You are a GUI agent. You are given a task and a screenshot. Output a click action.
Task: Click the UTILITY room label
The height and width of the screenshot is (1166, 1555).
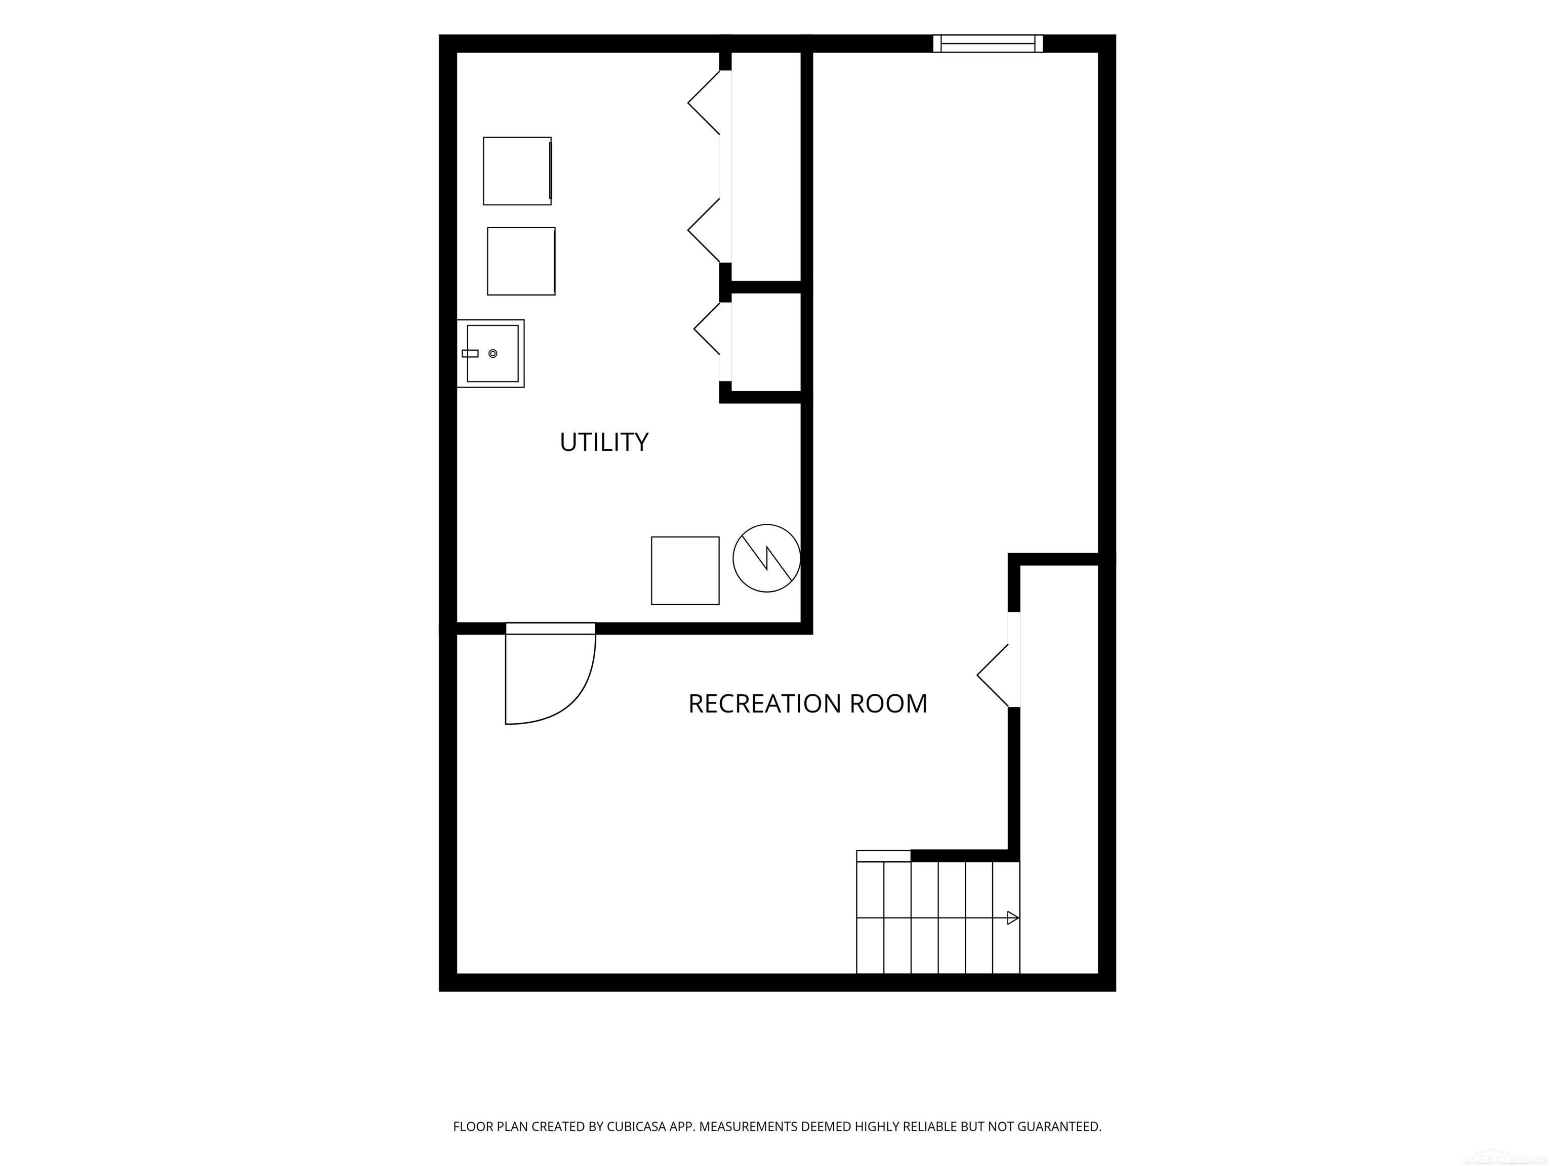pyautogui.click(x=604, y=442)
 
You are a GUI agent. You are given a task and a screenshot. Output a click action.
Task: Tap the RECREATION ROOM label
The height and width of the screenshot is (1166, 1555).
pyautogui.click(x=808, y=703)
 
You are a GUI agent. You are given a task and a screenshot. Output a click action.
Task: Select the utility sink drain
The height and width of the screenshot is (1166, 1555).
pyautogui.click(x=493, y=354)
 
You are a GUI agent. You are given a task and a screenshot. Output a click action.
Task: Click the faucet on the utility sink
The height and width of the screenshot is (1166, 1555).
pyautogui.click(x=470, y=354)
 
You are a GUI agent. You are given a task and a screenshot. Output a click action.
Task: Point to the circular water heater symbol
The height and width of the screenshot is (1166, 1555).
pyautogui.click(x=766, y=558)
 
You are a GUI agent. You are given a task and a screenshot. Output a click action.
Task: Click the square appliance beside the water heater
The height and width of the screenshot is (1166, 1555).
pyautogui.click(x=685, y=571)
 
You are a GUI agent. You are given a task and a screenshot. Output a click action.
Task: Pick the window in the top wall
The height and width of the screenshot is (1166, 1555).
pyautogui.click(x=988, y=44)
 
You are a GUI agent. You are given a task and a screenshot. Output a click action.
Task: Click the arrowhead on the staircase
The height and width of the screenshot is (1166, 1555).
pyautogui.click(x=1013, y=918)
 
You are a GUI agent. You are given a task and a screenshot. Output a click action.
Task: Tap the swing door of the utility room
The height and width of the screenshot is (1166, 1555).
pyautogui.click(x=550, y=673)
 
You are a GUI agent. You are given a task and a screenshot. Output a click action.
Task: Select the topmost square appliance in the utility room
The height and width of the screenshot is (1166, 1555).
pyautogui.click(x=517, y=171)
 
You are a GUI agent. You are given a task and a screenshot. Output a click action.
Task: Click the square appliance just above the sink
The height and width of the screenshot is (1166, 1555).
pyautogui.click(x=521, y=261)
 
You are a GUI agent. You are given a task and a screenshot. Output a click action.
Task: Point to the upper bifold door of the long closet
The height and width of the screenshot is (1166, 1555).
pyautogui.click(x=705, y=103)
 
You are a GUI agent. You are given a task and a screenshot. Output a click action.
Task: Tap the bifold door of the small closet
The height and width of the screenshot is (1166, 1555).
pyautogui.click(x=707, y=328)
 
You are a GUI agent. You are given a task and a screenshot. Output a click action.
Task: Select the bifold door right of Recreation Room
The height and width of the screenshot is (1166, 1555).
pyautogui.click(x=993, y=676)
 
